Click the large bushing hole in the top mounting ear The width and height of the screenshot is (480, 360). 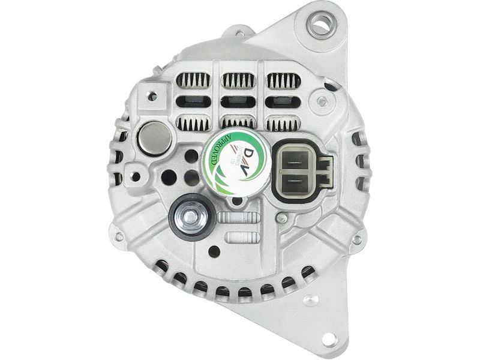320,25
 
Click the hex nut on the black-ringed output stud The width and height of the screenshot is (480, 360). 191,215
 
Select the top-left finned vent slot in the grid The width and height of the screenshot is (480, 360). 193,80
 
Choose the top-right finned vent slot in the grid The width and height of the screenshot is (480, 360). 283,80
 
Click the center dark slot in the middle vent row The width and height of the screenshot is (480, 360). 238,102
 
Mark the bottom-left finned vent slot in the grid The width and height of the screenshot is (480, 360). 193,124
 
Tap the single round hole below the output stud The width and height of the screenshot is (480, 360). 213,251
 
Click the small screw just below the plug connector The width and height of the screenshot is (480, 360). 280,218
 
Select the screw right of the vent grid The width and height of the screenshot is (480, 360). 323,102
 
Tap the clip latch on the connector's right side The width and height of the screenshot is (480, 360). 325,170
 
